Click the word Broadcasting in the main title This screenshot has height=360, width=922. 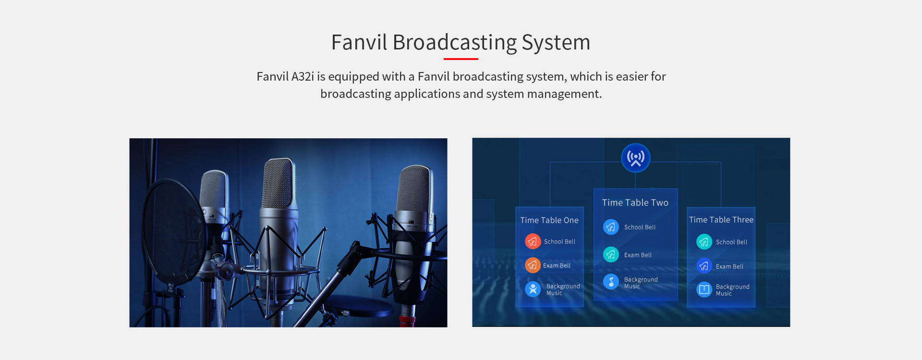pyautogui.click(x=454, y=43)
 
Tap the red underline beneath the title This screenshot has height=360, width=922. pyautogui.click(x=461, y=59)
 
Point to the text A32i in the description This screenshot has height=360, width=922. pyautogui.click(x=303, y=77)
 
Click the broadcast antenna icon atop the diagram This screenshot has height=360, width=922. pyautogui.click(x=635, y=158)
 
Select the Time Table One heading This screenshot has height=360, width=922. pyautogui.click(x=549, y=220)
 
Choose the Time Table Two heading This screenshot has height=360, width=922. pyautogui.click(x=635, y=203)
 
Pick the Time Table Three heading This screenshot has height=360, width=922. pyautogui.click(x=721, y=220)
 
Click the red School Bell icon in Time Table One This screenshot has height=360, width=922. pyautogui.click(x=533, y=241)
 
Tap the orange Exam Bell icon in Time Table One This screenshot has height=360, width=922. pyautogui.click(x=533, y=265)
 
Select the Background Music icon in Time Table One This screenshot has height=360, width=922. pyautogui.click(x=533, y=289)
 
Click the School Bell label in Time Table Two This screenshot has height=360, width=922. pyautogui.click(x=640, y=227)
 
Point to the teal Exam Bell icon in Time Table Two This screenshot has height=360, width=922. pyautogui.click(x=611, y=254)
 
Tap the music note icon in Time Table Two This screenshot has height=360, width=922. pyautogui.click(x=611, y=282)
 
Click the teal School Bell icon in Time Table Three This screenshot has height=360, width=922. pyautogui.click(x=704, y=242)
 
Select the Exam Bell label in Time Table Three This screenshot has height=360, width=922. pyautogui.click(x=729, y=266)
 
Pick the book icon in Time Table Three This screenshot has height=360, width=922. pyautogui.click(x=704, y=289)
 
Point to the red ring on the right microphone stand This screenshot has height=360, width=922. pyautogui.click(x=407, y=319)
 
